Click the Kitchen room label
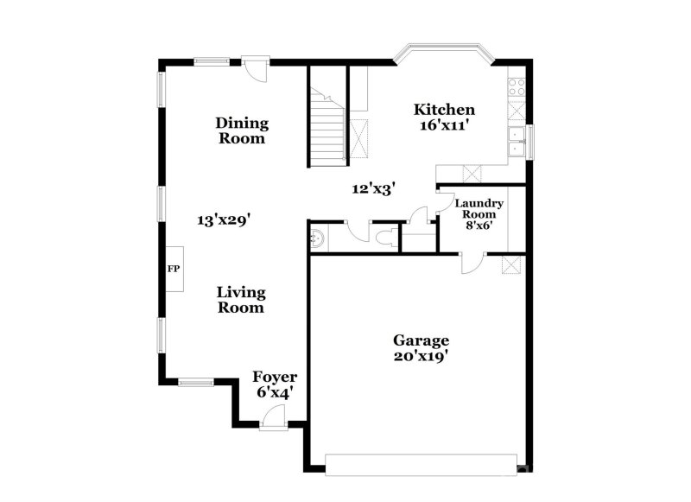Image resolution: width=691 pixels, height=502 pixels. click(445, 110)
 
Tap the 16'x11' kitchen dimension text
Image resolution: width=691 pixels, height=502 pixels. click(445, 125)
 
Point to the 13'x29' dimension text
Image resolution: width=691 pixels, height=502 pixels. click(223, 220)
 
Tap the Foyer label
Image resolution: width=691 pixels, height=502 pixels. click(275, 378)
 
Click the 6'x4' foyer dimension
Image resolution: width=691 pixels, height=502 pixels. click(275, 392)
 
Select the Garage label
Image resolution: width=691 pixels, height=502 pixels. click(422, 340)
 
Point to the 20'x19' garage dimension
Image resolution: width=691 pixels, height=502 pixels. click(422, 354)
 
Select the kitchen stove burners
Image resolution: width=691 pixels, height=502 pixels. click(518, 86)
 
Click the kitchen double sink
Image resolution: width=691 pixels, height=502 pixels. click(518, 141)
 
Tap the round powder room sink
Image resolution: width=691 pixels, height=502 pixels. click(316, 236)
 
